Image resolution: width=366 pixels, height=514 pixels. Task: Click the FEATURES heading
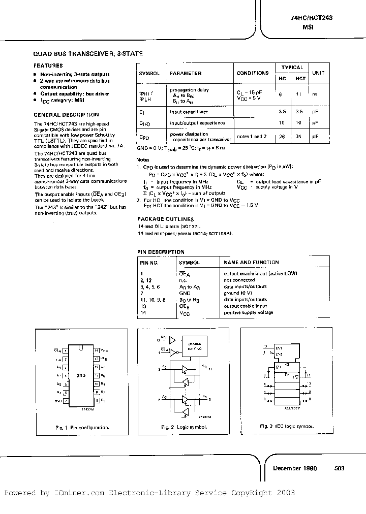(x=48, y=66)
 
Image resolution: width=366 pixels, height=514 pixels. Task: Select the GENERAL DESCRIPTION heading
(x=66, y=115)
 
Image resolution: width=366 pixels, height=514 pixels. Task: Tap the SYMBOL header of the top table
(x=149, y=73)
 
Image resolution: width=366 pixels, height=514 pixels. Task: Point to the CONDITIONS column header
(x=253, y=73)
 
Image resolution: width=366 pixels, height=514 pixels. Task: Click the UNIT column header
(x=318, y=73)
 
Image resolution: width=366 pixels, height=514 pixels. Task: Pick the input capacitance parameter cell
(x=189, y=112)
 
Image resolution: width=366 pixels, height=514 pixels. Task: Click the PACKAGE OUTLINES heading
(x=164, y=218)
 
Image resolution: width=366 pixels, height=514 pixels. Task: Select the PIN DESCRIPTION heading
(x=161, y=252)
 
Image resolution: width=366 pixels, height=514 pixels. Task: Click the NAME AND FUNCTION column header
(x=251, y=263)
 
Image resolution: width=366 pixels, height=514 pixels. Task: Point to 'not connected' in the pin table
(x=239, y=280)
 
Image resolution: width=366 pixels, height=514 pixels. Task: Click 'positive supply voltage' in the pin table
(x=249, y=312)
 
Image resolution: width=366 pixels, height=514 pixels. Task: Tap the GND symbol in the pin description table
(x=185, y=293)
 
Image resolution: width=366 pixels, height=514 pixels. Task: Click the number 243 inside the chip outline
(x=82, y=375)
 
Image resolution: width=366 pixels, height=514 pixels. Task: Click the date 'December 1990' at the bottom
(x=295, y=468)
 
